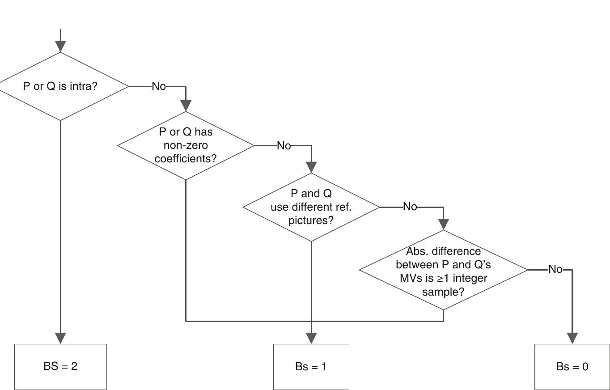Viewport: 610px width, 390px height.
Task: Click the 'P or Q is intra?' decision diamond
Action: [60, 86]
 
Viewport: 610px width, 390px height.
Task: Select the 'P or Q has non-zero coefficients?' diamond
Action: [186, 145]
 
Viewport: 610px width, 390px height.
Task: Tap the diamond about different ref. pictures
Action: [311, 207]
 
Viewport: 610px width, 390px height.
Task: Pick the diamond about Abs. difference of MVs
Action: [443, 270]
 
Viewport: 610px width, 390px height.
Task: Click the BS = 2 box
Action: [60, 366]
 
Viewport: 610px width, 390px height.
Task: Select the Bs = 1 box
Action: [311, 367]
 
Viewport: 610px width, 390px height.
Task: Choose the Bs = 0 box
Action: [572, 367]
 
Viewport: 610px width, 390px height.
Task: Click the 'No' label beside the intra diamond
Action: [159, 86]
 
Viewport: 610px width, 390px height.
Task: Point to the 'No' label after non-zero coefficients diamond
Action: [284, 145]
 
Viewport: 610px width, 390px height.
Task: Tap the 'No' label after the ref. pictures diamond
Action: [410, 207]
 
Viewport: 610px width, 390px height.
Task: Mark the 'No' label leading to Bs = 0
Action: [555, 269]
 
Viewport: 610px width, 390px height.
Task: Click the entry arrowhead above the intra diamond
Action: [60, 46]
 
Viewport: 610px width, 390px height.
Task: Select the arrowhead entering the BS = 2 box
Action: [60, 338]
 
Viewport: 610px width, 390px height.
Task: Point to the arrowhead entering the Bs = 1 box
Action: [311, 338]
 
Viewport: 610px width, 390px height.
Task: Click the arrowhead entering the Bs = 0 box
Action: [572, 338]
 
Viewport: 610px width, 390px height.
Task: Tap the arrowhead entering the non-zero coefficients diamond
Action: [186, 106]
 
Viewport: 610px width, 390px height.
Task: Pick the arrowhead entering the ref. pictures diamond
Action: [311, 167]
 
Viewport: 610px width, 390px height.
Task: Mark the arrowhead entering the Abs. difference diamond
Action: [443, 224]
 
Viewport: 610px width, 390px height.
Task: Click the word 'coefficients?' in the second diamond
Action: [186, 159]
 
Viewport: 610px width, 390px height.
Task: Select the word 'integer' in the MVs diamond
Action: [469, 278]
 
